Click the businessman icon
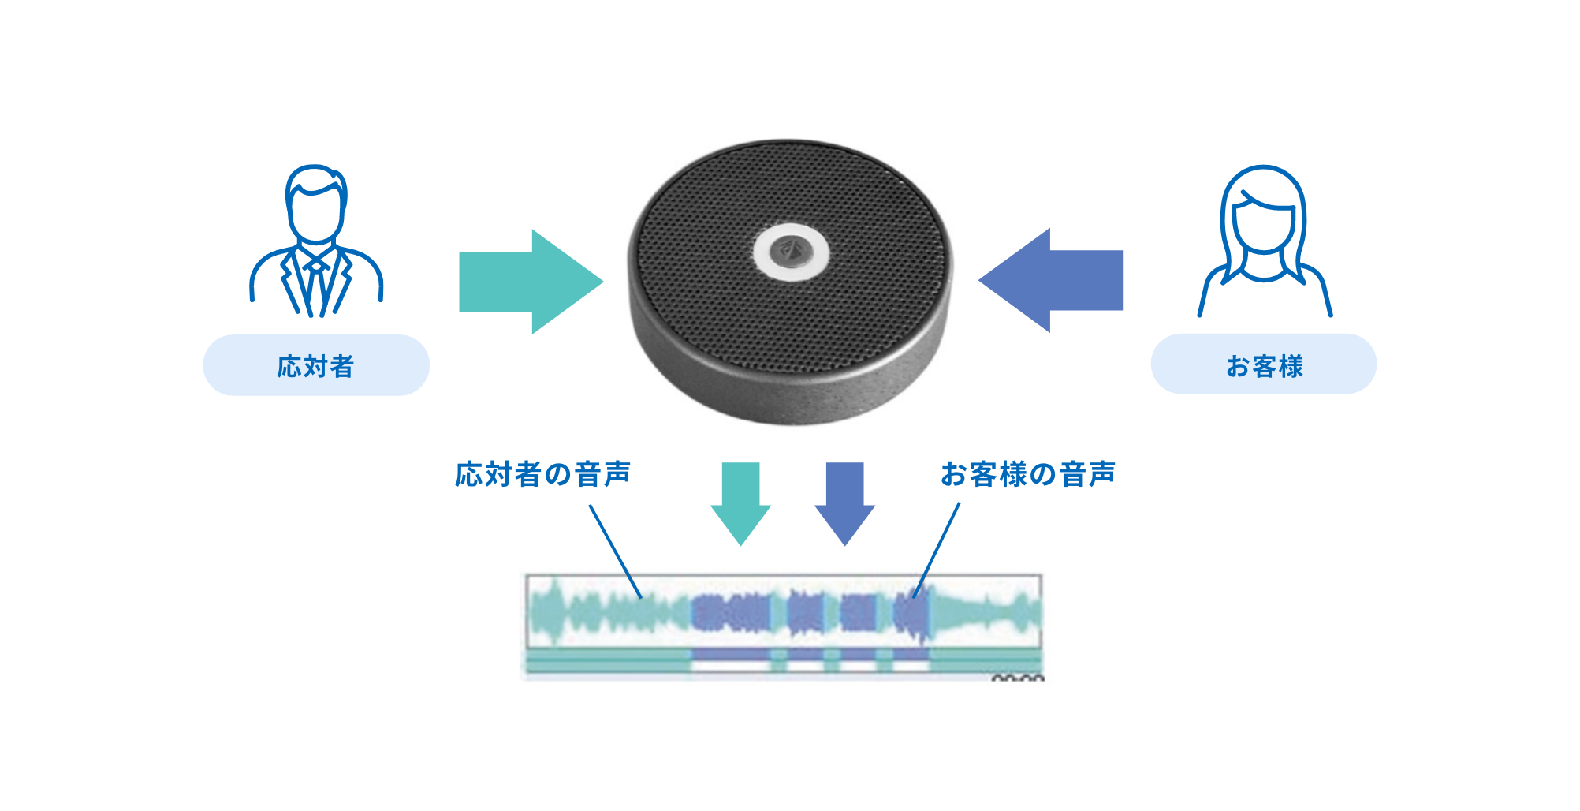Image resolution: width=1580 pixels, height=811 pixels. [316, 241]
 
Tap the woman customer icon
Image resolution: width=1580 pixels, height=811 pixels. [1264, 241]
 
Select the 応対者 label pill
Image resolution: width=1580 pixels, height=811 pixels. [316, 365]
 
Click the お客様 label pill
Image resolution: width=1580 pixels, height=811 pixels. [1264, 364]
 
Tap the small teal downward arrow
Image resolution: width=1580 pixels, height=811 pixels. [740, 503]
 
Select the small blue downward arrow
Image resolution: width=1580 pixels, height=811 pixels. [844, 503]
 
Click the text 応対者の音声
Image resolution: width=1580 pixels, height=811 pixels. [543, 474]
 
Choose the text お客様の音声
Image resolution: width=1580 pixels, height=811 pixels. [1028, 474]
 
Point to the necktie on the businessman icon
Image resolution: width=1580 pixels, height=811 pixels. [316, 284]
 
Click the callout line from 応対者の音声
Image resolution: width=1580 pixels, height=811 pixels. [615, 550]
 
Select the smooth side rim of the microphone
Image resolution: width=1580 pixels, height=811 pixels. [788, 394]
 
